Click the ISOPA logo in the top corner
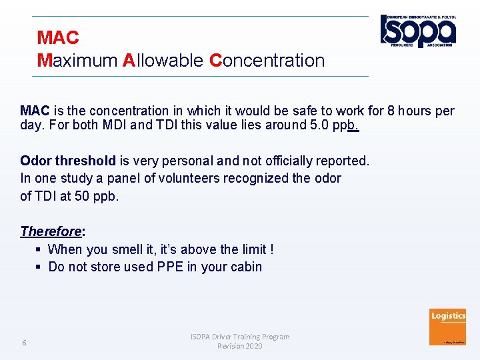click(418, 31)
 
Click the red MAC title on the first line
click(58, 37)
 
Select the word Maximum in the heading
click(77, 61)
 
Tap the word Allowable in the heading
click(163, 61)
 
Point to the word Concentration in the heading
click(267, 61)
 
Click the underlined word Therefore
click(51, 231)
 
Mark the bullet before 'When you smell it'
click(39, 249)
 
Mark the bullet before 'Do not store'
click(39, 267)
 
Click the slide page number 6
click(24, 343)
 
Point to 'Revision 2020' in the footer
click(239, 346)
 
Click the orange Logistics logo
click(448, 327)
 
